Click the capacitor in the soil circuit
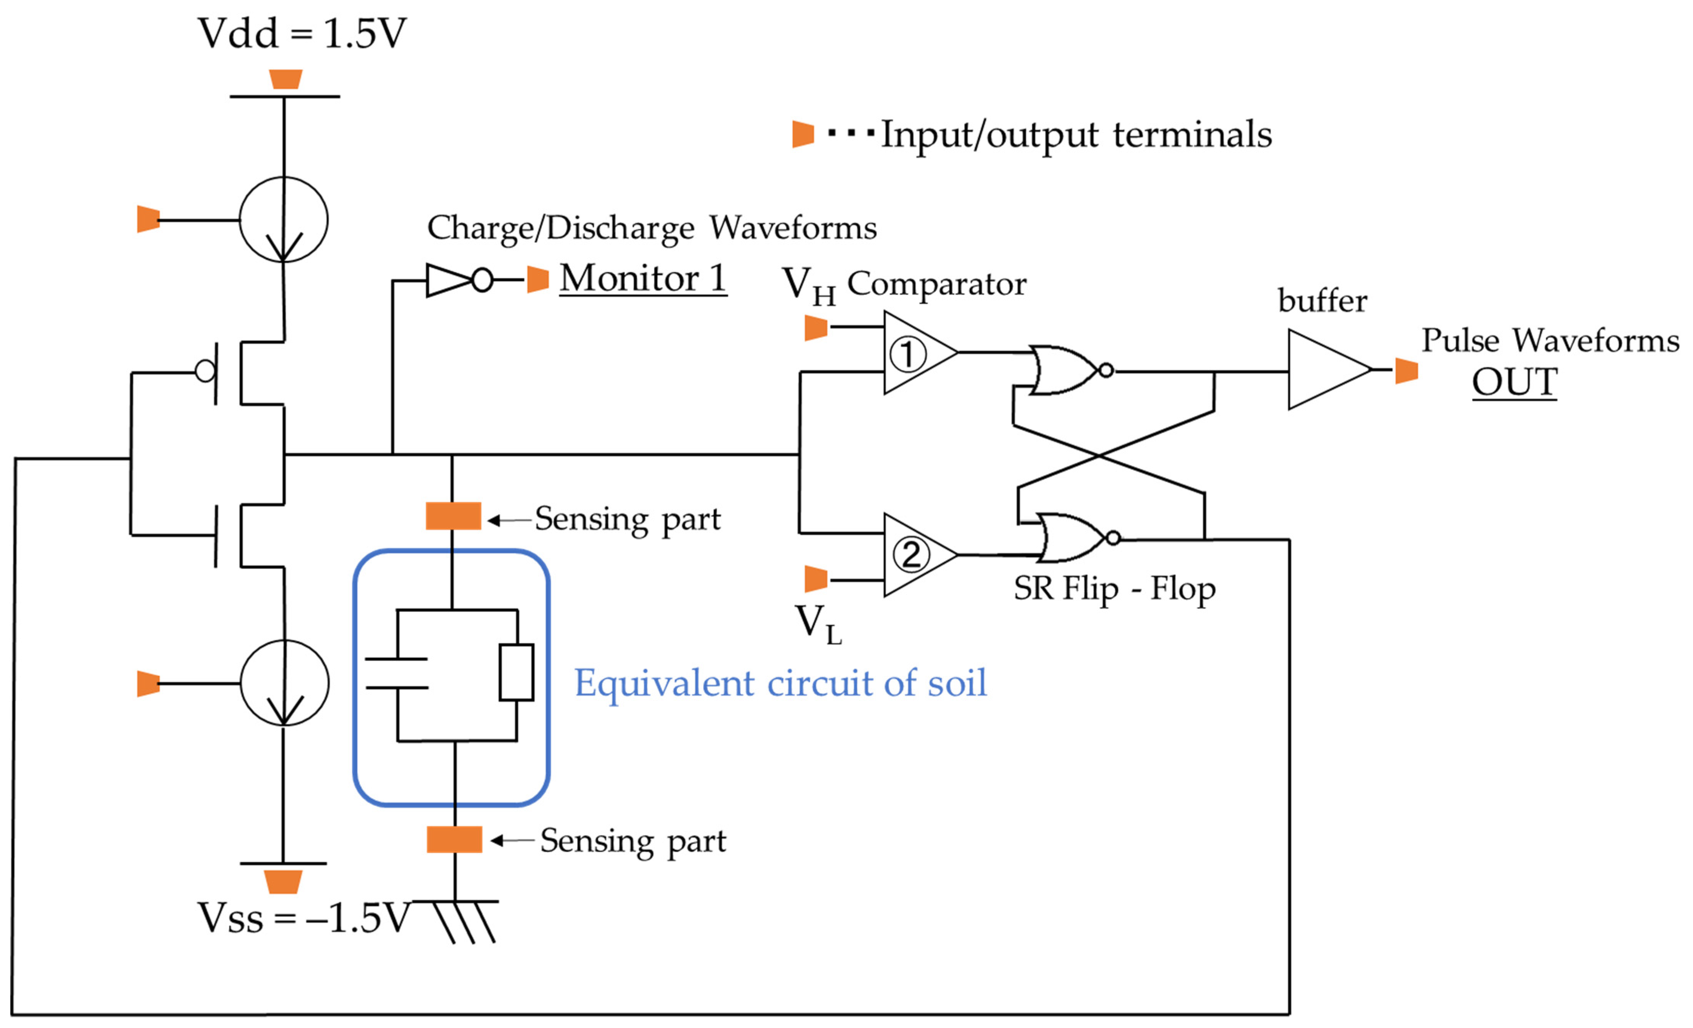(397, 674)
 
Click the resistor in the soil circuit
(517, 673)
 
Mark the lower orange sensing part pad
(454, 840)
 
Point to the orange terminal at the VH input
(815, 328)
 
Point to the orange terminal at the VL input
(815, 579)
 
